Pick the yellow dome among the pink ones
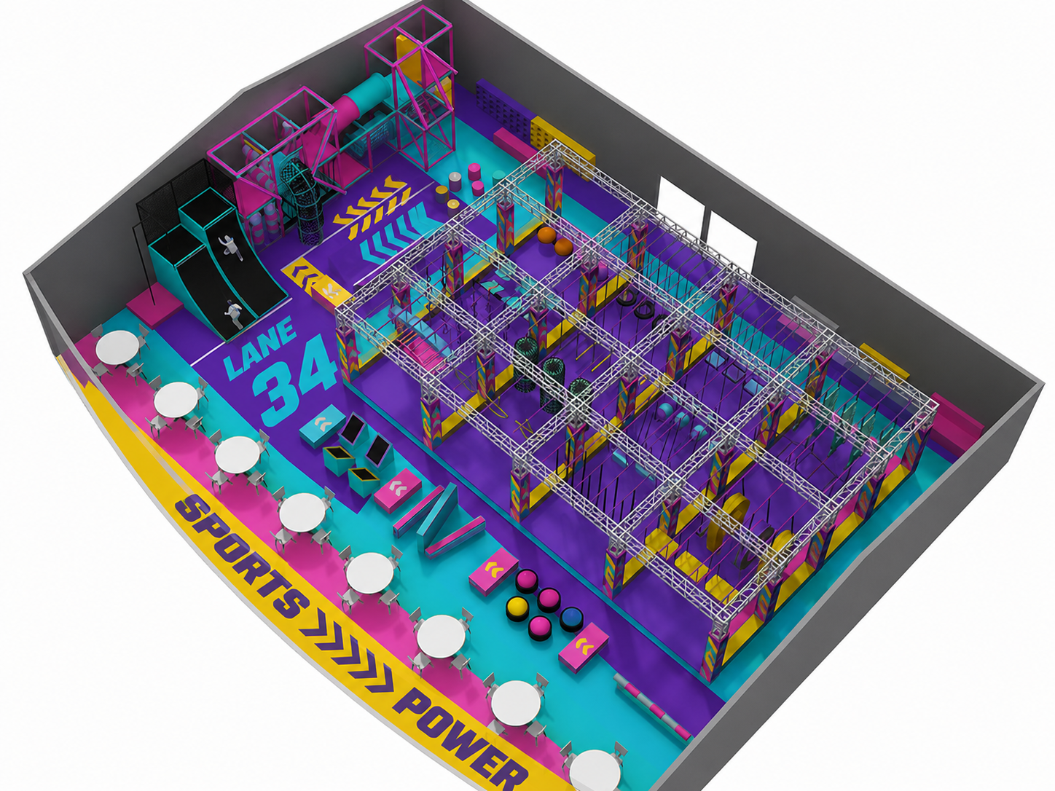[x=517, y=610]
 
